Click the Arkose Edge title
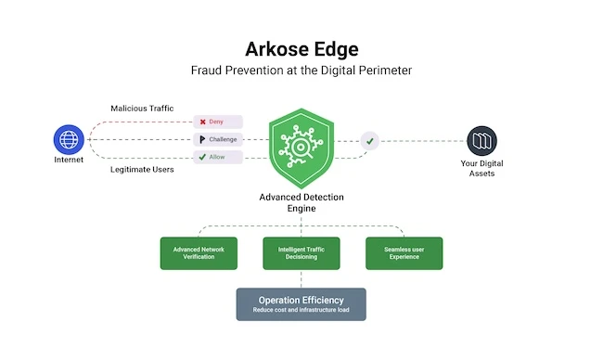pyautogui.click(x=301, y=48)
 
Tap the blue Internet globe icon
pyautogui.click(x=68, y=140)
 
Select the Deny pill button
pyautogui.click(x=218, y=122)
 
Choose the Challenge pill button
pyautogui.click(x=218, y=139)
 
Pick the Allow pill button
pyautogui.click(x=218, y=157)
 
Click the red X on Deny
pyautogui.click(x=202, y=122)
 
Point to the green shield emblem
pyautogui.click(x=301, y=147)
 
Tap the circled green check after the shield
pyautogui.click(x=370, y=141)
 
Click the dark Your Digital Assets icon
pyautogui.click(x=481, y=141)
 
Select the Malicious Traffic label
pyautogui.click(x=142, y=109)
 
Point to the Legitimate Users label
pyautogui.click(x=142, y=170)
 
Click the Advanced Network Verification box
pyautogui.click(x=199, y=253)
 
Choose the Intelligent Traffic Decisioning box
pyautogui.click(x=301, y=253)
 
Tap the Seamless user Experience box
pyautogui.click(x=404, y=253)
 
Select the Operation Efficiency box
pyautogui.click(x=301, y=304)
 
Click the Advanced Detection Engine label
pyautogui.click(x=301, y=202)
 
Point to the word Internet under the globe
pyautogui.click(x=68, y=160)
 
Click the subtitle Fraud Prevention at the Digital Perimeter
pyautogui.click(x=301, y=70)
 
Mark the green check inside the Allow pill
pyautogui.click(x=202, y=157)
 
